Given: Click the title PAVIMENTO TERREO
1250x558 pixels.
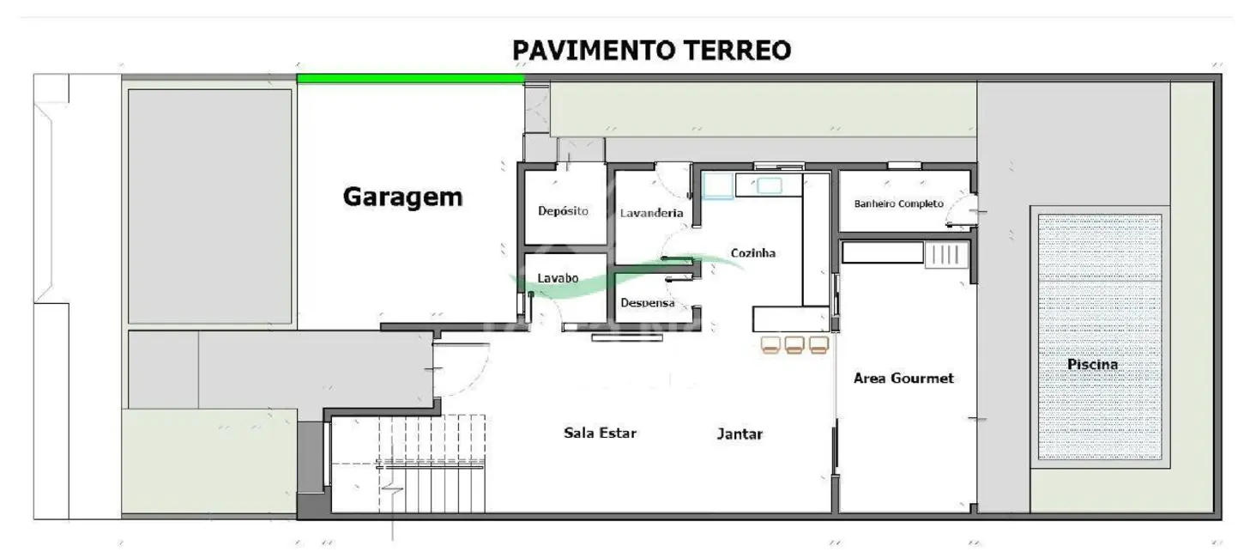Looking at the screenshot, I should (x=651, y=51).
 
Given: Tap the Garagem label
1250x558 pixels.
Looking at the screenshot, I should (x=402, y=197).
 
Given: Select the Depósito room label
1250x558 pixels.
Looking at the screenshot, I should (x=563, y=211).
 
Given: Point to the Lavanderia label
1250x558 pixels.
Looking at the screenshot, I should (x=651, y=213).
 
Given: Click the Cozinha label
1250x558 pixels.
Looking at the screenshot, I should (x=752, y=253).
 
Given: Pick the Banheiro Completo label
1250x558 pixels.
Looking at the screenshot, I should (x=898, y=203).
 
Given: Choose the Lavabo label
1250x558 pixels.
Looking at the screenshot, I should (x=558, y=278).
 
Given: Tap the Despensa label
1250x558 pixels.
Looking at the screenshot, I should (x=647, y=303).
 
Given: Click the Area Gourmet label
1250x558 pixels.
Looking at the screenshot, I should (x=903, y=378).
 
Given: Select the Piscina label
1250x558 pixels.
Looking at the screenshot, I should (x=1092, y=364).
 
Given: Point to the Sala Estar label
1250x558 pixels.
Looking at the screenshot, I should (x=600, y=433).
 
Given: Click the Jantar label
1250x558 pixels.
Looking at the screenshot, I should (x=740, y=434).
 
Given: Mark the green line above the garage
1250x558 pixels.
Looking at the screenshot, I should (x=410, y=79).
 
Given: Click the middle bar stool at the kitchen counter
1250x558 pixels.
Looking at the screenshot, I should (x=794, y=345).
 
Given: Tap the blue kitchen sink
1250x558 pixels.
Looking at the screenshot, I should (x=718, y=185).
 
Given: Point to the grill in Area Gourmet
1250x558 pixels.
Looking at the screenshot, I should (x=945, y=254).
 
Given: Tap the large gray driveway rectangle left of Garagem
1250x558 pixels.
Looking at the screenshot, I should (x=209, y=206).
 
